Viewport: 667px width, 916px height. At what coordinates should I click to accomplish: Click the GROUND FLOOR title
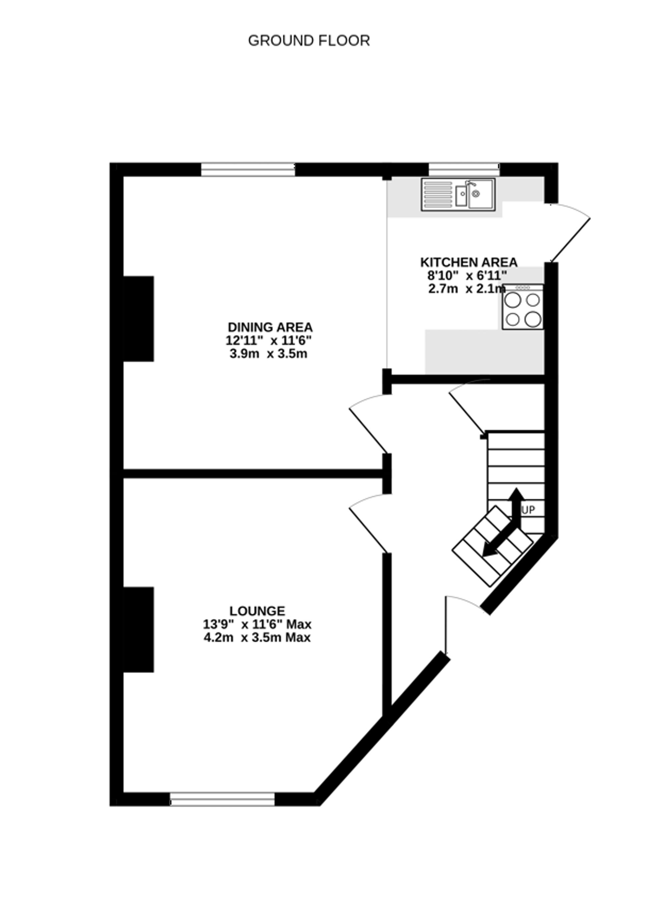click(309, 41)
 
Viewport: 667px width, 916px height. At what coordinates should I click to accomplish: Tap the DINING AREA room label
click(270, 327)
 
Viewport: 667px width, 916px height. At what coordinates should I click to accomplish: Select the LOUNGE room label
click(257, 611)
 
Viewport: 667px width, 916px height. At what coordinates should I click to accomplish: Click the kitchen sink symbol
click(458, 195)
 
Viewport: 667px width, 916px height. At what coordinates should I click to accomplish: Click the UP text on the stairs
click(528, 510)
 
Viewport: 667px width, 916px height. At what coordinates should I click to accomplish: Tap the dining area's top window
click(248, 170)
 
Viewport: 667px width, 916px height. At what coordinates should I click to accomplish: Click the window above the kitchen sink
click(464, 170)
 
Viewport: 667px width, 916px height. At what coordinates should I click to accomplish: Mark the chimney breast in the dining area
click(138, 319)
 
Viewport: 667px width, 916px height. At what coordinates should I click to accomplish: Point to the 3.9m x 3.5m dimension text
click(268, 354)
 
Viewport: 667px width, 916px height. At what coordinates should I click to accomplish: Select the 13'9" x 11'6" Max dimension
click(257, 624)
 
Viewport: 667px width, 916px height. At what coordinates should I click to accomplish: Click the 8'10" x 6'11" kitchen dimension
click(467, 276)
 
